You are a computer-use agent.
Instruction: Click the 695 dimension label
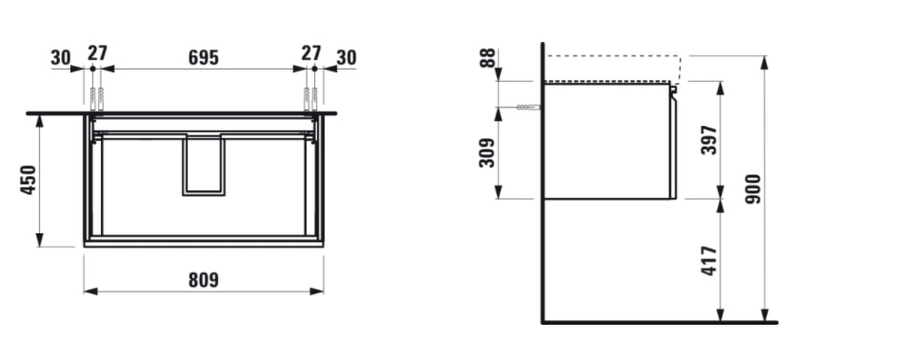point(204,57)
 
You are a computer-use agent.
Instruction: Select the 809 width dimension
point(204,280)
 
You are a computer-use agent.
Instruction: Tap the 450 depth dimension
point(29,180)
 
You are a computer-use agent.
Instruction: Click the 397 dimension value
point(709,140)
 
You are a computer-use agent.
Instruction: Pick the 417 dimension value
point(709,261)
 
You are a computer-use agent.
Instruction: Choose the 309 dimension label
point(486,152)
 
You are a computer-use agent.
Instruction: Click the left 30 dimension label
point(60,58)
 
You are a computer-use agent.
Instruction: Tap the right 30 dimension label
point(347,57)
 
